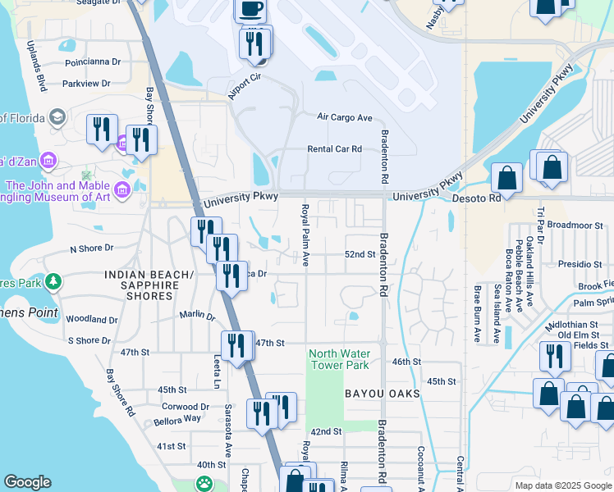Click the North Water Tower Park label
click(339, 359)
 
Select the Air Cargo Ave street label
click(345, 117)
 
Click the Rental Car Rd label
click(334, 149)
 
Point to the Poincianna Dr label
click(91, 61)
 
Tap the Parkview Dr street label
click(85, 84)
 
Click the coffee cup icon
click(251, 8)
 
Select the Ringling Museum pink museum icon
click(123, 191)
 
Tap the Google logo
click(27, 482)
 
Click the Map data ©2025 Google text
click(561, 485)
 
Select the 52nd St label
click(360, 255)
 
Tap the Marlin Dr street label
click(197, 315)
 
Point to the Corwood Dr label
click(186, 406)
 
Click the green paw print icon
click(203, 485)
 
